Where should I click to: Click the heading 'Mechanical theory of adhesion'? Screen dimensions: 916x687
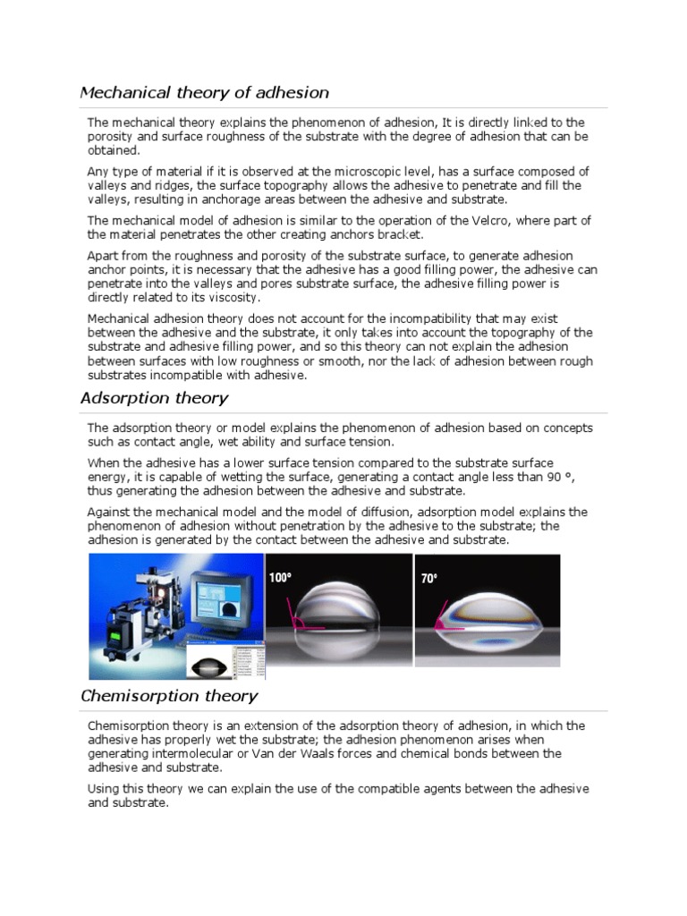205,92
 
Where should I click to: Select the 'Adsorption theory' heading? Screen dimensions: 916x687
154,398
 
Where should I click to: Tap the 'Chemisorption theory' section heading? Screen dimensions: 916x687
169,695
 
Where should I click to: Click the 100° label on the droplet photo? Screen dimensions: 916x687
280,579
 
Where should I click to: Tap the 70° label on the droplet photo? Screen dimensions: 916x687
429,579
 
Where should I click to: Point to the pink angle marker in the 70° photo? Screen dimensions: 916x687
443,623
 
